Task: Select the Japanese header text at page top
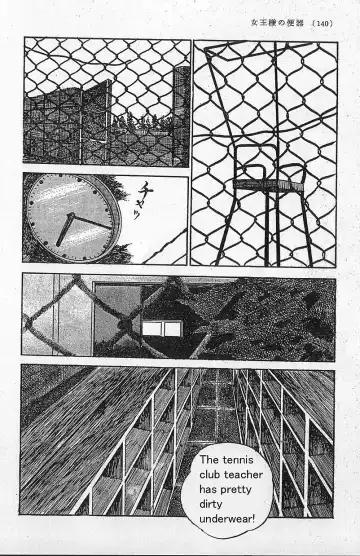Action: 273,23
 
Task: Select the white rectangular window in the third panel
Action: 157,330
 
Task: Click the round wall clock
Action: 69,219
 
